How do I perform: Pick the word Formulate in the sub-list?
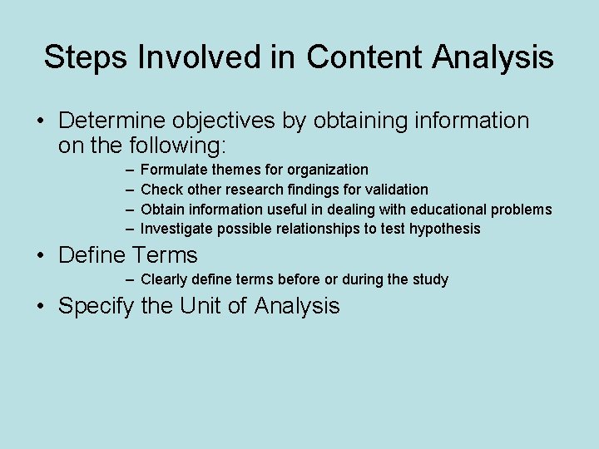coord(176,170)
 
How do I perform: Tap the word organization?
coord(328,170)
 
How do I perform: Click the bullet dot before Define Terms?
coord(42,255)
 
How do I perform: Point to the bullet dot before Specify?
coord(42,306)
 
